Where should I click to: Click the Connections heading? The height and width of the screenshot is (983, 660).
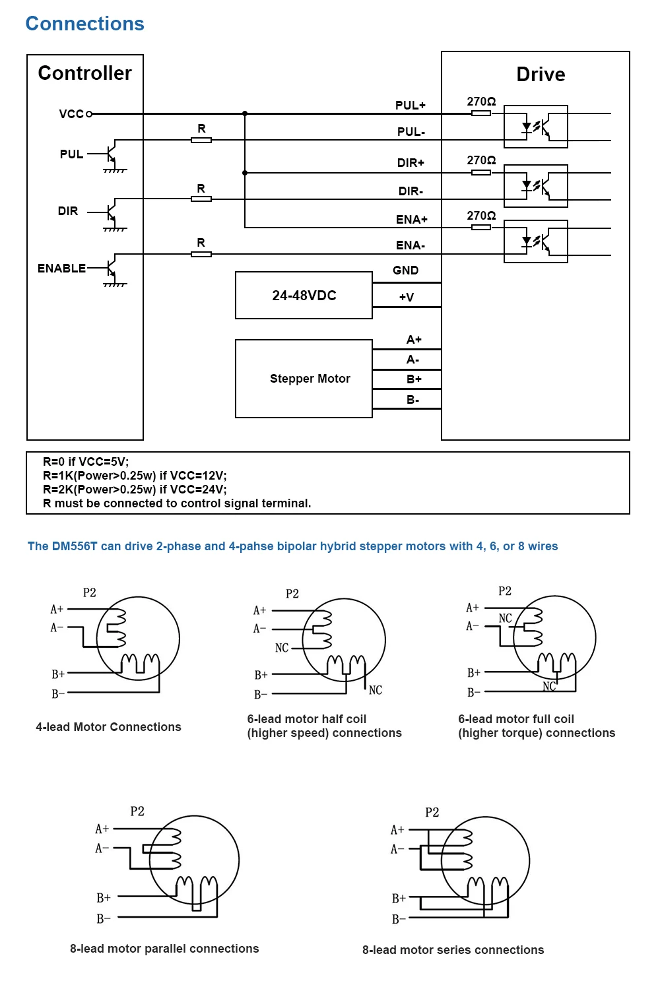click(x=84, y=24)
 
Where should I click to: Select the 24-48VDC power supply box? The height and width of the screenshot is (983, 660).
click(x=304, y=296)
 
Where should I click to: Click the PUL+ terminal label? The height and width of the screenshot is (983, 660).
click(x=410, y=106)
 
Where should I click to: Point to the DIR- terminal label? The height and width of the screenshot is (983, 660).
click(x=411, y=191)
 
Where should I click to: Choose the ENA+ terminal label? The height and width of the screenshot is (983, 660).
click(x=411, y=219)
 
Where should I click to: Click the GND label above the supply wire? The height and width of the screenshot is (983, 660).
click(x=405, y=270)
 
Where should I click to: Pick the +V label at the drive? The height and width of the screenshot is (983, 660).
click(x=407, y=297)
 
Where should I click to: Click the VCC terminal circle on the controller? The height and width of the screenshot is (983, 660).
click(x=89, y=114)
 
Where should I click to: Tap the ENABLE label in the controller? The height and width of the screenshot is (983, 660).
click(x=61, y=269)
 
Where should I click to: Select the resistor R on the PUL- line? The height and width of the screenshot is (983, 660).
click(x=201, y=140)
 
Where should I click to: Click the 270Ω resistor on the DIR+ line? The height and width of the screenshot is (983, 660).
click(x=481, y=173)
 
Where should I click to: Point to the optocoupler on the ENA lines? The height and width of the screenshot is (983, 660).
click(x=535, y=241)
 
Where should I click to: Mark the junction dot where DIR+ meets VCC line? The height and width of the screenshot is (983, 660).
click(x=245, y=173)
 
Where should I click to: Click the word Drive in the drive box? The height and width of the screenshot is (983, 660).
click(x=541, y=75)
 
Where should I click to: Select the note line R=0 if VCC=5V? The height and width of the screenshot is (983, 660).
click(x=86, y=462)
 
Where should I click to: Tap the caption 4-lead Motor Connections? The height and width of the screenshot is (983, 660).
click(x=108, y=727)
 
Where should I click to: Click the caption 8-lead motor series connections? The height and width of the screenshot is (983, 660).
click(x=453, y=950)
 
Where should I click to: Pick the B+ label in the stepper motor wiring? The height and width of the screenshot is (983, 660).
click(x=414, y=379)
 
